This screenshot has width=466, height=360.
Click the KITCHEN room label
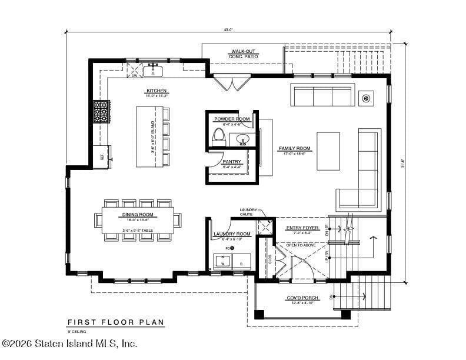[x=157, y=91]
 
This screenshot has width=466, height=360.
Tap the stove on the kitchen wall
[x=101, y=111]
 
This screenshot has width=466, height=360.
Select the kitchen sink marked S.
[x=153, y=71]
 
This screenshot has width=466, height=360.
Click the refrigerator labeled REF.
[x=102, y=156]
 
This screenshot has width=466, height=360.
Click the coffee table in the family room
[x=328, y=151]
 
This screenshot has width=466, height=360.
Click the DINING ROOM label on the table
[x=138, y=215]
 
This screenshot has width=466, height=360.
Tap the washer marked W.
[x=223, y=262]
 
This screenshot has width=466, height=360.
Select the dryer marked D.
[x=241, y=262]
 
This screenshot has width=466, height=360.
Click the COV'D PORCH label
[x=302, y=298]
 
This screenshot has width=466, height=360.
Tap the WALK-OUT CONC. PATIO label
[x=242, y=55]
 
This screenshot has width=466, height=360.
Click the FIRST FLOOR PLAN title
[x=115, y=322]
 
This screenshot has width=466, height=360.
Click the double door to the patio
[x=227, y=82]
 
